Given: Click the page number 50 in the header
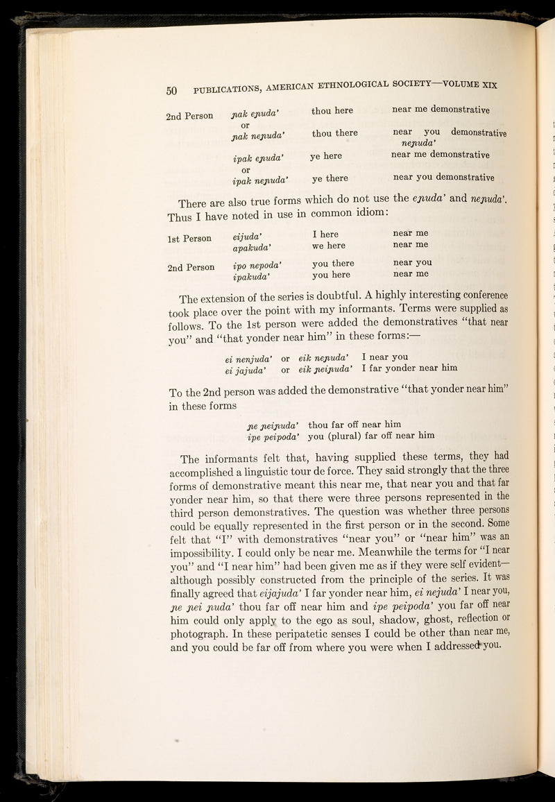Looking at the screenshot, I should coord(173,89).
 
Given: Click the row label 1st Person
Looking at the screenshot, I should coord(189,238).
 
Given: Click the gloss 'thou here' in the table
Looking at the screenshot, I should coord(332,110).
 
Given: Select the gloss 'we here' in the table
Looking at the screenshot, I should coord(329,245).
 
